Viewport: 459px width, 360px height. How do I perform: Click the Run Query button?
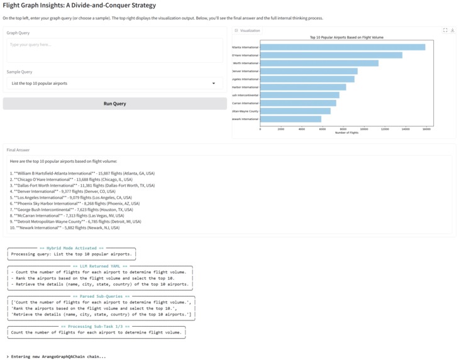(x=114, y=104)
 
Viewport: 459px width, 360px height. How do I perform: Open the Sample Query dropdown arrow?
(x=213, y=84)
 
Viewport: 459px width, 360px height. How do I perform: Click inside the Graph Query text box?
(x=114, y=50)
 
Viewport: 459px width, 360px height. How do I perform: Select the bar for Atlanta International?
(x=343, y=47)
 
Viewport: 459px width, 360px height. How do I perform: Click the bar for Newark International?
(x=290, y=119)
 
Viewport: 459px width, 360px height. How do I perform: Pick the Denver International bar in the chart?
(x=309, y=71)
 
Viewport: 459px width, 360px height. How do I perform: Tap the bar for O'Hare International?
(x=331, y=55)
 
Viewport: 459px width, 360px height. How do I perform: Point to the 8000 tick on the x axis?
(x=343, y=129)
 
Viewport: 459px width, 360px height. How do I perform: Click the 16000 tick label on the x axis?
(x=426, y=129)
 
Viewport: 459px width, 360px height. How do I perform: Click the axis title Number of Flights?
(x=346, y=133)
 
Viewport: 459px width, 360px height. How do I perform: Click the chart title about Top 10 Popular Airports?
(x=346, y=38)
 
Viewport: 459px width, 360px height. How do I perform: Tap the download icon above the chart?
(x=453, y=30)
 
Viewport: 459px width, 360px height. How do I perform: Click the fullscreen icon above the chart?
(x=445, y=30)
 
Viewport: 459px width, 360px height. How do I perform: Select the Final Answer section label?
(x=18, y=150)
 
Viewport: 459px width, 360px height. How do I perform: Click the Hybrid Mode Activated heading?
(x=71, y=248)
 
